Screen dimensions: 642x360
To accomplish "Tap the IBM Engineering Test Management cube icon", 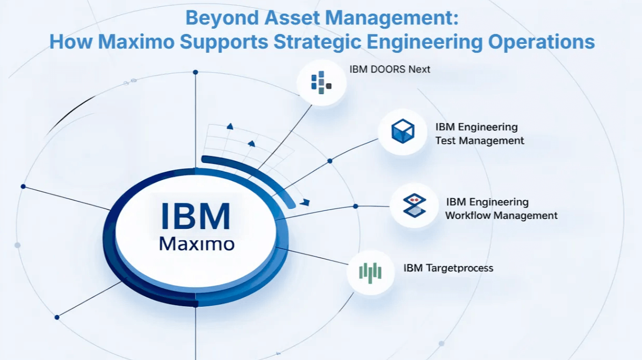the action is tap(403, 131).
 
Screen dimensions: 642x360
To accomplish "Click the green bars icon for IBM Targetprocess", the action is tap(370, 272).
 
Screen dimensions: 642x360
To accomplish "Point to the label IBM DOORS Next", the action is tap(390, 69).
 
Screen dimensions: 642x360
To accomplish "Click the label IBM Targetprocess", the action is tap(448, 268).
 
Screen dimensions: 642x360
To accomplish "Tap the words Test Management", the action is tap(479, 141).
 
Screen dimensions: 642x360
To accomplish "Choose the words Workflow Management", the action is tap(501, 215).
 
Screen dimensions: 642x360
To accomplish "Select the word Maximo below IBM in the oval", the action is tap(196, 244).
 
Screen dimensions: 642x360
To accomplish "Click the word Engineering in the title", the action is tap(439, 42).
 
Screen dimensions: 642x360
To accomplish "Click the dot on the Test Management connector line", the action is tap(329, 161).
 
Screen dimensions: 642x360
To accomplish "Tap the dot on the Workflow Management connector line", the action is tap(356, 206).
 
